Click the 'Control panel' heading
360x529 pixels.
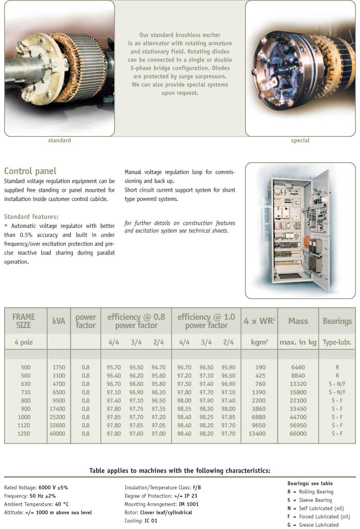coord(30,171)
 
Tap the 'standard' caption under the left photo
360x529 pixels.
coord(59,141)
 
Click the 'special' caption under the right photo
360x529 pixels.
coord(300,141)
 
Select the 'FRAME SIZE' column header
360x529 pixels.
coord(24,321)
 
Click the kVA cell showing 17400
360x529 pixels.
coord(59,409)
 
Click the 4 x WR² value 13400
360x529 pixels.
coord(257,433)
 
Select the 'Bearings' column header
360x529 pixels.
coord(337,321)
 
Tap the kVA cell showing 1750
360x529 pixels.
coord(59,367)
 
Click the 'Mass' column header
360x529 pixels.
coord(298,321)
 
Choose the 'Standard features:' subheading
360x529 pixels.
coord(31,216)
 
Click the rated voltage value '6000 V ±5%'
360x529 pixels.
coord(53,487)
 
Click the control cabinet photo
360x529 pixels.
coord(300,230)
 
